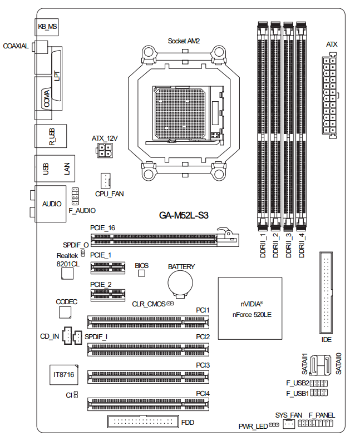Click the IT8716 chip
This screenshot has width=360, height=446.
(x=63, y=376)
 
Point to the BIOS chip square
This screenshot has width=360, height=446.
(x=141, y=274)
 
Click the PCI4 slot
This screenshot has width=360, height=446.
(x=149, y=403)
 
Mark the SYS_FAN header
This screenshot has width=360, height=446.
(x=288, y=424)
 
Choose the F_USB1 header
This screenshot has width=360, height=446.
(x=319, y=393)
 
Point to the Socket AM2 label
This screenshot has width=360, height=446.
(x=184, y=41)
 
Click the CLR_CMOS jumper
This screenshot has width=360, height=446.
(x=170, y=304)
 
